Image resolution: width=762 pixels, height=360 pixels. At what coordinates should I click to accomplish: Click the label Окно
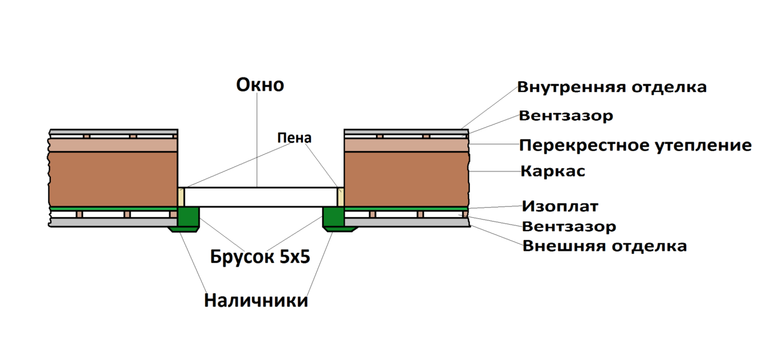coord(260,84)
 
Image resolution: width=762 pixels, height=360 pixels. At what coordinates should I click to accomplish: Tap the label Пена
coord(294,138)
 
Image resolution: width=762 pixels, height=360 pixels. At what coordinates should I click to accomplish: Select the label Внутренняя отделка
coord(612,87)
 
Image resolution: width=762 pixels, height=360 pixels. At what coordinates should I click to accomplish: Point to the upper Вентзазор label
coord(566,116)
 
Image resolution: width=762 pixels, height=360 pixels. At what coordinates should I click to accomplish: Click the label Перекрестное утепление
coord(636,145)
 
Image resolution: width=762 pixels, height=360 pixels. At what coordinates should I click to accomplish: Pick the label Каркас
coord(553,171)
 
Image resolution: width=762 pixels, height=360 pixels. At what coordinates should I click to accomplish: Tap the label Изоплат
coord(560,206)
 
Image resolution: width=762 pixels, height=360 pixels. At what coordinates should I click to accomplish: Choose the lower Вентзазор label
coord(569,226)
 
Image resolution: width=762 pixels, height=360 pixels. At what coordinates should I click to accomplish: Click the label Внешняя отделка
coord(605,246)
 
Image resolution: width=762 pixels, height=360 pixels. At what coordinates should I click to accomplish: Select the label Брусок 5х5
coord(260,257)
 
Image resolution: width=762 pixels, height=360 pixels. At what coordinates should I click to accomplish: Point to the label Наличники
coord(256,300)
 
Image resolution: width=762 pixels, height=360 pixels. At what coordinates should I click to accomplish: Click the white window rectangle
coord(260,197)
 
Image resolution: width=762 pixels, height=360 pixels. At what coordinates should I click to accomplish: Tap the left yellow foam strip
coord(181,197)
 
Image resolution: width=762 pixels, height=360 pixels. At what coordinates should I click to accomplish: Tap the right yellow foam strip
coord(340,197)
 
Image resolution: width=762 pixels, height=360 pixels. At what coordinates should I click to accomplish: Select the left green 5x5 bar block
coord(188,217)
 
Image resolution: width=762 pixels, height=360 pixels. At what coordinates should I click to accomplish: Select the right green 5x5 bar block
coord(333,217)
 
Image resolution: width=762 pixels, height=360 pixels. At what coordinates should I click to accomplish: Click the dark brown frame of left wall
coord(113,179)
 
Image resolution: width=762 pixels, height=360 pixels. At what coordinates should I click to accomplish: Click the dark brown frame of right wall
coord(407,179)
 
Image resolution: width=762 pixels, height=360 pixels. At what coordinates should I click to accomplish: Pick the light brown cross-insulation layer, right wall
coord(406,145)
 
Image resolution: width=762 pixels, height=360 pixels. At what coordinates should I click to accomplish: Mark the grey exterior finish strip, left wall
coord(113,222)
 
